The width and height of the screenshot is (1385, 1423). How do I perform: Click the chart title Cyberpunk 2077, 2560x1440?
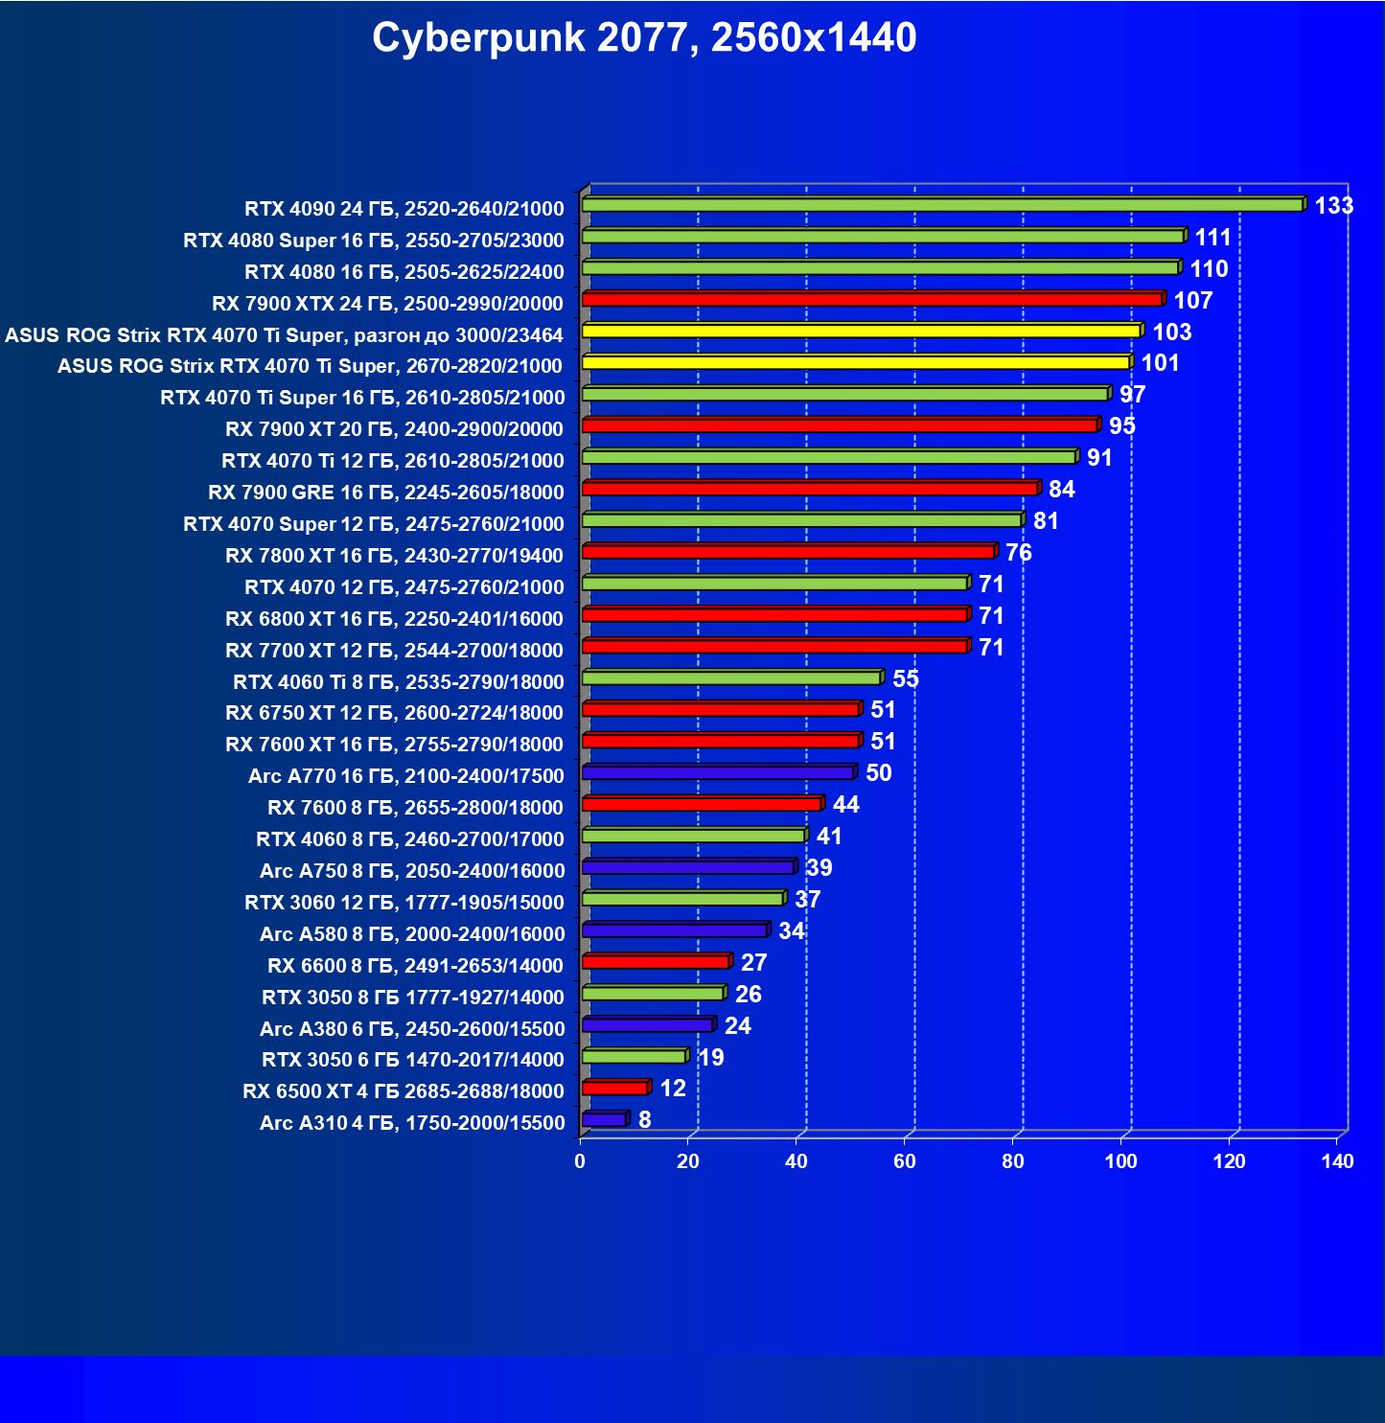pyautogui.click(x=644, y=38)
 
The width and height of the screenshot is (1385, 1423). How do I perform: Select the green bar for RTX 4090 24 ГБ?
pyautogui.click(x=941, y=205)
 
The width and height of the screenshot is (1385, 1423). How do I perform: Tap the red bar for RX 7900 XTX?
pyautogui.click(x=871, y=300)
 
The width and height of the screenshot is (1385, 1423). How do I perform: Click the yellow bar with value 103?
pyautogui.click(x=860, y=332)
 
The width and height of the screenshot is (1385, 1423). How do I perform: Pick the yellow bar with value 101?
pyautogui.click(x=855, y=363)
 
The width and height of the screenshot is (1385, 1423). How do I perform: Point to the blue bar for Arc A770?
pyautogui.click(x=717, y=773)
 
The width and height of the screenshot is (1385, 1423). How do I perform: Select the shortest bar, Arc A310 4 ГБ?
pyautogui.click(x=604, y=1120)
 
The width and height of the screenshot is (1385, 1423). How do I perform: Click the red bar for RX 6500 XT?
pyautogui.click(x=614, y=1089)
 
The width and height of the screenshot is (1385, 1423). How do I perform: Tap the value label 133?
pyautogui.click(x=1333, y=206)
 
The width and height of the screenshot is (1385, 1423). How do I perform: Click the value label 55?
pyautogui.click(x=905, y=679)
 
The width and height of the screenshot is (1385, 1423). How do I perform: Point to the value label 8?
pyautogui.click(x=644, y=1120)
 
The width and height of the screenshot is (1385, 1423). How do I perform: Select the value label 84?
pyautogui.click(x=1061, y=490)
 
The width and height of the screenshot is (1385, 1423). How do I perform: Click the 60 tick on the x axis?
pyautogui.click(x=904, y=1162)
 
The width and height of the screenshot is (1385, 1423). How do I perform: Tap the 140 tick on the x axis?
pyautogui.click(x=1337, y=1162)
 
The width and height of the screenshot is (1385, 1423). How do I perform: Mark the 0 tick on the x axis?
pyautogui.click(x=580, y=1162)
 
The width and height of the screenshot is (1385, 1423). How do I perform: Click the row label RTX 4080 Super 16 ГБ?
pyautogui.click(x=373, y=241)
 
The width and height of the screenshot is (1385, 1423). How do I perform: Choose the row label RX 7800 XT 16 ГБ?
pyautogui.click(x=394, y=556)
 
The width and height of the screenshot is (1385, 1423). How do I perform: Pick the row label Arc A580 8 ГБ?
pyautogui.click(x=411, y=934)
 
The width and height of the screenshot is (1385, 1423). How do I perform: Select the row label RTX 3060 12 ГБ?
pyautogui.click(x=404, y=903)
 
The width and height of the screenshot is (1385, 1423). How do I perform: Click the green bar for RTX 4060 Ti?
pyautogui.click(x=730, y=678)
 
